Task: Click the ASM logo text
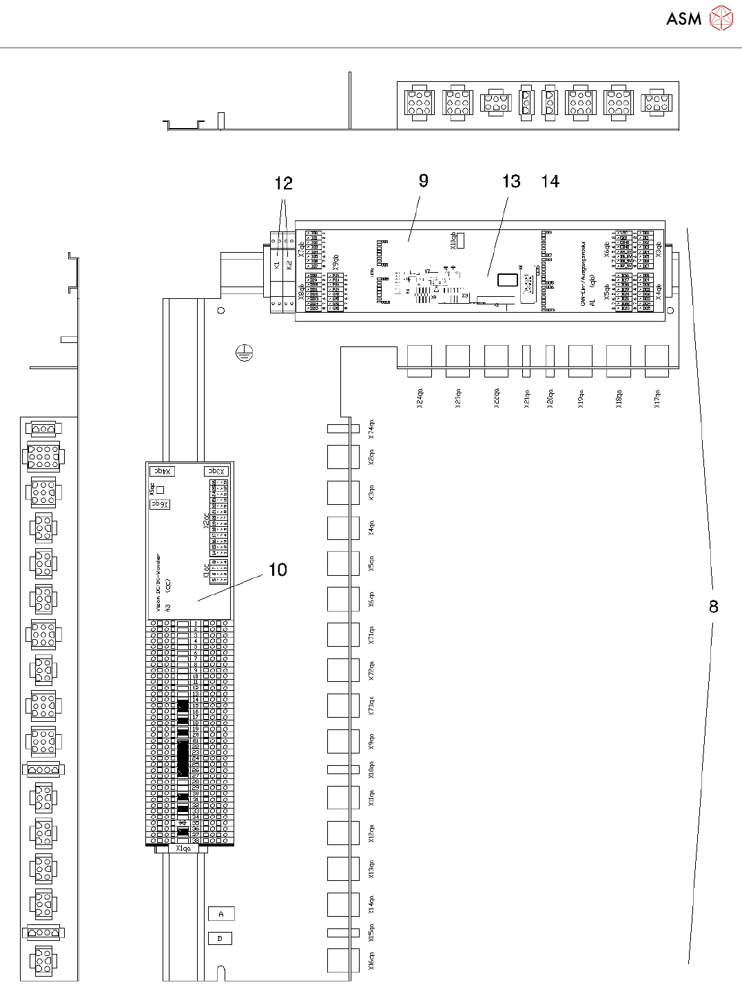683,19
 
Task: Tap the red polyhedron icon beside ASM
721,19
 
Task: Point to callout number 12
283,183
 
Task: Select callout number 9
423,180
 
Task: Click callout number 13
511,181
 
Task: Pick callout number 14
550,181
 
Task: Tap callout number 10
278,570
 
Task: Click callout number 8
714,606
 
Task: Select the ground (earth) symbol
244,353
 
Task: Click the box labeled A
221,913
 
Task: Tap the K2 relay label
289,264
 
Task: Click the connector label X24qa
420,399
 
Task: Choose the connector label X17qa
657,399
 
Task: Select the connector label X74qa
372,428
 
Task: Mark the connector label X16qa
372,960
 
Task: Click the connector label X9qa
372,741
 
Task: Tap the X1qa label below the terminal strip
183,849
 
